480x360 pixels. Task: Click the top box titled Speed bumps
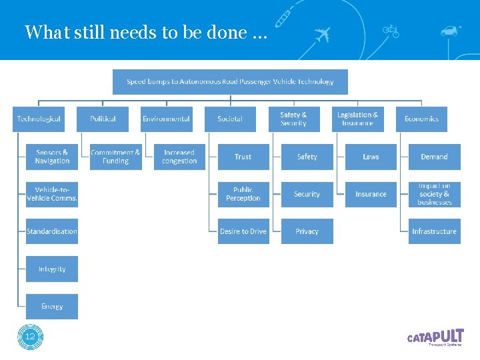[x=230, y=82]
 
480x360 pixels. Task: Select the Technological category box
[x=39, y=119]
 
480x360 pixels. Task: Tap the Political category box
[x=103, y=119]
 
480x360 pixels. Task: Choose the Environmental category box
[x=166, y=119]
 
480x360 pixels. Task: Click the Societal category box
[x=230, y=119]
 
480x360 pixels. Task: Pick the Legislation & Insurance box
[x=357, y=119]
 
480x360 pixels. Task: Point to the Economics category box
[x=421, y=119]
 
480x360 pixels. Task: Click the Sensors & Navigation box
[x=52, y=157]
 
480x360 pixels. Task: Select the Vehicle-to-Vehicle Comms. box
[x=52, y=194]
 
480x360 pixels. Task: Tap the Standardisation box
[x=52, y=231]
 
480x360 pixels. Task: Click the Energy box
[x=52, y=306]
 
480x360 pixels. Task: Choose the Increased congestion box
[x=179, y=157]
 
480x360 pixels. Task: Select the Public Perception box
[x=243, y=194]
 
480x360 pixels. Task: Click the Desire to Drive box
[x=243, y=231]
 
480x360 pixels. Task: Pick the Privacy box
[x=307, y=231]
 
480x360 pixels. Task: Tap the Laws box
[x=371, y=157]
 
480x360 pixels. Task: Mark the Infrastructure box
[x=434, y=231]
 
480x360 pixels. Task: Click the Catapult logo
[x=435, y=337]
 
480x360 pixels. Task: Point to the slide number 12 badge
[x=30, y=337]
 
